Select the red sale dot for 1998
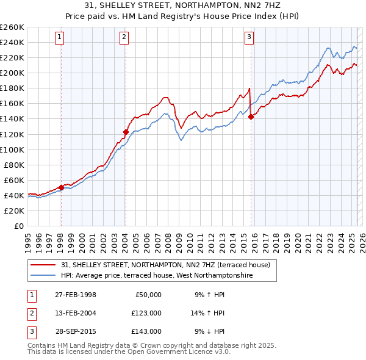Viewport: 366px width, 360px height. (x=61, y=187)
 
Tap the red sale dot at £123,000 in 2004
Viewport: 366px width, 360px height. (x=126, y=132)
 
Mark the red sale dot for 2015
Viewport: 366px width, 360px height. (x=251, y=117)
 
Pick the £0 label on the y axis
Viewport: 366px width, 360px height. (x=18, y=226)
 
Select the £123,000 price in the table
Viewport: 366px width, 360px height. (x=146, y=313)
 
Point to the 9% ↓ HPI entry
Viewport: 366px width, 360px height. (x=209, y=331)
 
